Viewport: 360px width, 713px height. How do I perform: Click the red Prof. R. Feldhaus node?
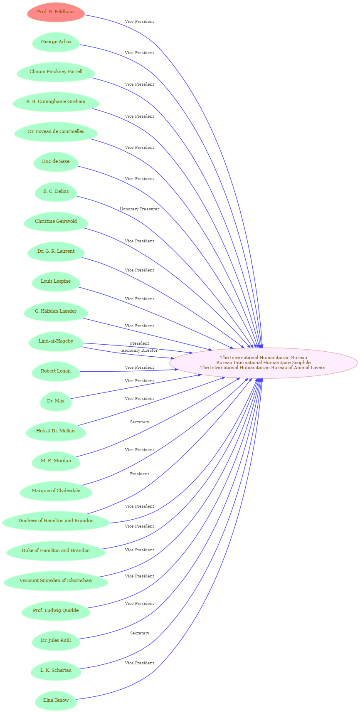[x=56, y=12]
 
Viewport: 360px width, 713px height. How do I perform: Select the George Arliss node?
[x=56, y=42]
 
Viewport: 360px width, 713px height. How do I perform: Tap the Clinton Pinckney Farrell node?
[x=56, y=72]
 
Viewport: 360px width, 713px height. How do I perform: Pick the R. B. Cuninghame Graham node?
[x=56, y=102]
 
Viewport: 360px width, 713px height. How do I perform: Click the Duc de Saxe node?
[x=56, y=162]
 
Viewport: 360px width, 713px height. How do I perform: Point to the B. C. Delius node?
[x=56, y=192]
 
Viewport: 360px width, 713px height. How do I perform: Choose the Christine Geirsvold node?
[x=56, y=222]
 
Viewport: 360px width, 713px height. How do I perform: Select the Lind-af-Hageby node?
[x=56, y=341]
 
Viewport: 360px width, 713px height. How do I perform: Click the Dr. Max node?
[x=56, y=401]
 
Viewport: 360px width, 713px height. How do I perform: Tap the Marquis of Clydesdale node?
[x=56, y=491]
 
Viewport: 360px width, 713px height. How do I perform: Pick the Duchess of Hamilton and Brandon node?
[x=56, y=521]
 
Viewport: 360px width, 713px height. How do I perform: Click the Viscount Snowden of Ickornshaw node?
[x=56, y=581]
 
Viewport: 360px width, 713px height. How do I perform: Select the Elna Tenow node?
[x=56, y=701]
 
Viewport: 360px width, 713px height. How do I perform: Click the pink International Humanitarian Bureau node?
[x=264, y=363]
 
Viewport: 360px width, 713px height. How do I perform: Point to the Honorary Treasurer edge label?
[x=139, y=209]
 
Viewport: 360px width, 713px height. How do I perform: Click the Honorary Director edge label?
[x=139, y=350]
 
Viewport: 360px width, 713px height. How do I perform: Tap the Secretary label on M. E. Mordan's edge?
[x=140, y=422]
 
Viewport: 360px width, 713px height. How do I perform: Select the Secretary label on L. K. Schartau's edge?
[x=140, y=633]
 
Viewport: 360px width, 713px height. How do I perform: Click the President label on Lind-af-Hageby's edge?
[x=139, y=343]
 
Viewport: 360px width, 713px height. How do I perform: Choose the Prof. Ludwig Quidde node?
[x=56, y=611]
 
